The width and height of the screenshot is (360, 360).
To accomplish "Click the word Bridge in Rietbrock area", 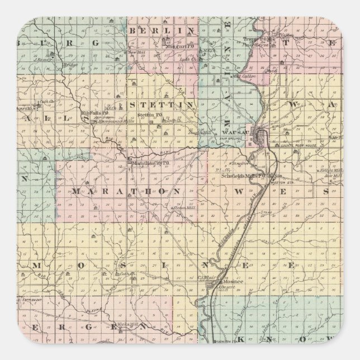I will pos(70,65).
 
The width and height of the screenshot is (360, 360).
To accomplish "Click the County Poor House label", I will pos(305,145).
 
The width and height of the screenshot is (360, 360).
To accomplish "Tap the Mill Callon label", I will pos(244,74).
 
